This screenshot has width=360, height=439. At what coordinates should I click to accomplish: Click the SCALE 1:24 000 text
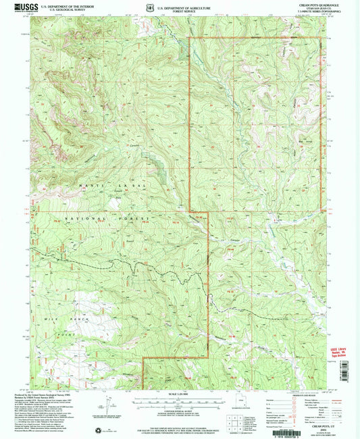click(x=180, y=393)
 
